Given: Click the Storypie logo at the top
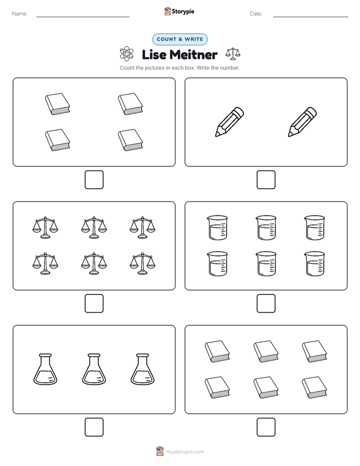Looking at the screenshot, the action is coord(179,11).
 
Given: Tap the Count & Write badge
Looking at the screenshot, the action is coord(179,39).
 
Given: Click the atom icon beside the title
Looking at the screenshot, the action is coord(127,54).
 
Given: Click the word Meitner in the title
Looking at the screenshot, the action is coord(194,54).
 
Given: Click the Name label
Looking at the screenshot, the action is coord(20,14).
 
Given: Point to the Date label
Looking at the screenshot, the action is coord(256,14).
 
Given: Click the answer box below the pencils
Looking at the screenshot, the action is coord(266,180).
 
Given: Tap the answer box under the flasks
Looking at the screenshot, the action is coord(94,427).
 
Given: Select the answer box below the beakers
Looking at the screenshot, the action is coord(266,304).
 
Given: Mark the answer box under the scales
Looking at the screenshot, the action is coord(94,304).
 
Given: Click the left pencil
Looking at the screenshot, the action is coord(229,122).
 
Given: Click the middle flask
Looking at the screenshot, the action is coord(94,369).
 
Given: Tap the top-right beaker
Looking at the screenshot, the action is coord(315,227).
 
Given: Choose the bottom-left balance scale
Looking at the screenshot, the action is coord(45,264).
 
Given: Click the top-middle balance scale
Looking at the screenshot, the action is coord(94,227).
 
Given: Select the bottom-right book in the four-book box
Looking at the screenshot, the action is coord(131,140).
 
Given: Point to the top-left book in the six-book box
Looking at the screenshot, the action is coord(217,352).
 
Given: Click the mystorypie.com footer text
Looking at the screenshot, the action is coord(185,452).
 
